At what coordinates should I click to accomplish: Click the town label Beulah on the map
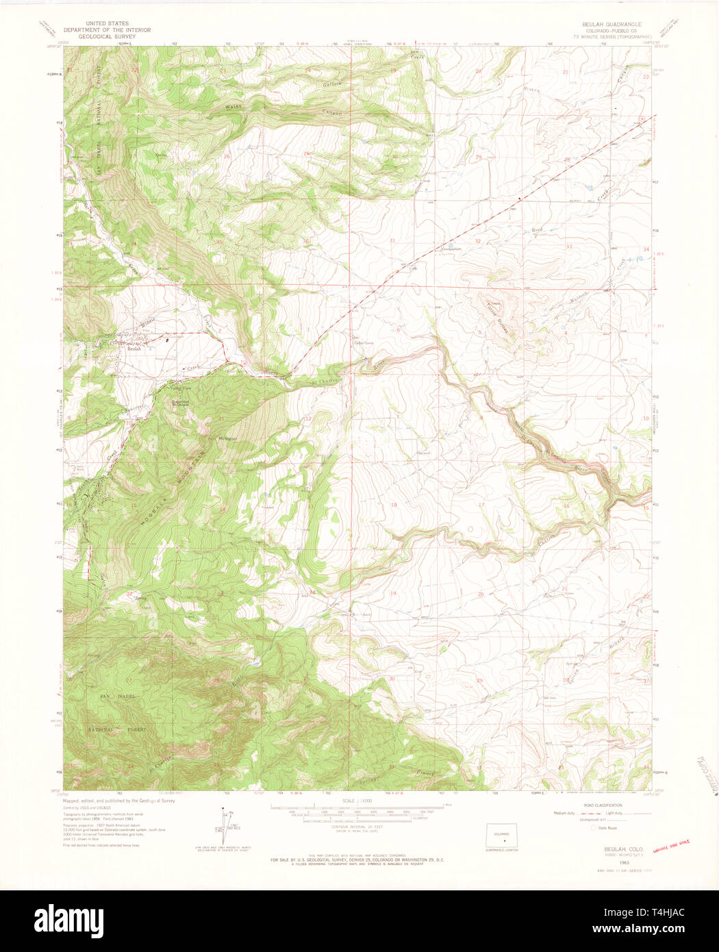tap(134, 349)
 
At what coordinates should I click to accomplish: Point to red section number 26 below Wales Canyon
tap(227, 156)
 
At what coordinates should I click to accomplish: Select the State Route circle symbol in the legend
tap(593, 827)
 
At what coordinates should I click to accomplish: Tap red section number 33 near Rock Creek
tap(568, 246)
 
